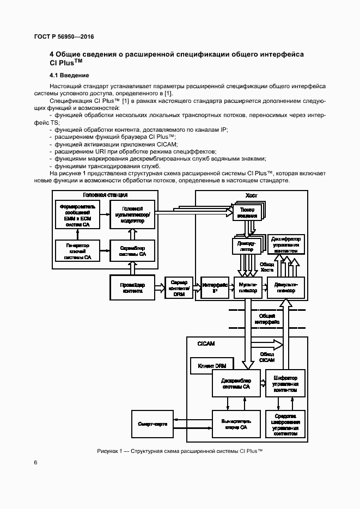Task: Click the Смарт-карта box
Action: pyautogui.click(x=153, y=423)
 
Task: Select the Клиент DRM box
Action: pyautogui.click(x=212, y=365)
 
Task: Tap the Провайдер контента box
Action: pyautogui.click(x=133, y=287)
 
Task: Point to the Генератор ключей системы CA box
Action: pyautogui.click(x=78, y=251)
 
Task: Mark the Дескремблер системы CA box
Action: pyautogui.click(x=235, y=384)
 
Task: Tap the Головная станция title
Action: pyautogui.click(x=106, y=195)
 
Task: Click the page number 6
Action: pyautogui.click(x=36, y=463)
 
